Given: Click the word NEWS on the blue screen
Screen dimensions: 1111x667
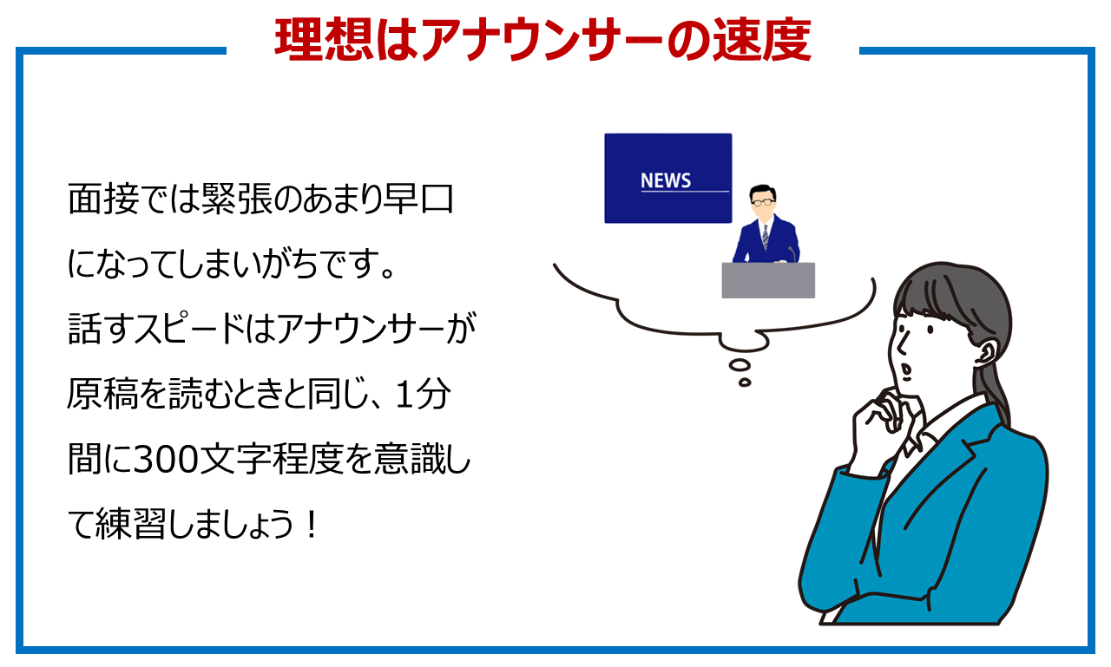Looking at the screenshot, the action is point(666,180).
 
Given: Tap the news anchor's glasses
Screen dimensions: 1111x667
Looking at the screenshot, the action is point(763,202).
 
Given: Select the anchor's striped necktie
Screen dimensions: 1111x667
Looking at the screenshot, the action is point(766,238).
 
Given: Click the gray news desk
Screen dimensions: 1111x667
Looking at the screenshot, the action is point(768,280).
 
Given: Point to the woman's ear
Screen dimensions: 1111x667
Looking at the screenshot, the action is point(987,351).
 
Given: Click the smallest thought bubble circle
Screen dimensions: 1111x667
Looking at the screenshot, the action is point(745,382).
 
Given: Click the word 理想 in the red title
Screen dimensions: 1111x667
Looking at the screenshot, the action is point(324,40).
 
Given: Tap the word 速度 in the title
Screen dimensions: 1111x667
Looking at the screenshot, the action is point(762,40).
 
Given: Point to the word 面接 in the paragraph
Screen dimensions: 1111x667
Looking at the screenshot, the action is point(102,199).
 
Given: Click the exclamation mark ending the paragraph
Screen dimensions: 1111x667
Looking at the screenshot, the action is point(312,525).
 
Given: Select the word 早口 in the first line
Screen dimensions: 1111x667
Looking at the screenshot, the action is point(417,199).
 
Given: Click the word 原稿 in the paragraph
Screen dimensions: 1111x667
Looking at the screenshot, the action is point(102,394).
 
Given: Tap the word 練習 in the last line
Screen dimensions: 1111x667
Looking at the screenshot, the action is point(130,524).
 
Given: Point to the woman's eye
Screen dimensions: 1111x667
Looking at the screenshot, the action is point(930,329).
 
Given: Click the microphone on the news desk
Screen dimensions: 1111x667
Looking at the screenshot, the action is point(792,254).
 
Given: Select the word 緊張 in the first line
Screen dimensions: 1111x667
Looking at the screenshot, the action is point(237,199).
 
